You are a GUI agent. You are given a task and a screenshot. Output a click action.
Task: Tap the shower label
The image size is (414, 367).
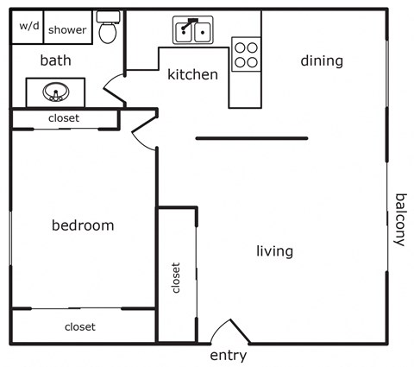coord(67,29)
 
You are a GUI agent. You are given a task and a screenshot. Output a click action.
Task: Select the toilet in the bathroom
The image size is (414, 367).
coord(108,29)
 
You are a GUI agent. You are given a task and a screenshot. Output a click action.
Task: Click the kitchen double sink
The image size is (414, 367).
coord(194,32)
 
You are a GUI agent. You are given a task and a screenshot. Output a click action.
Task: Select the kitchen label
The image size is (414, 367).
coord(192,74)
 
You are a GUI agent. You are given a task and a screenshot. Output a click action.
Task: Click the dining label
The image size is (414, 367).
coord(322,60)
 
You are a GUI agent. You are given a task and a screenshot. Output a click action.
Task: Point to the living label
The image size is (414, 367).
coord(274,251)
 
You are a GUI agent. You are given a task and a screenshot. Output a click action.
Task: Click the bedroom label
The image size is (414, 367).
coord(83,225)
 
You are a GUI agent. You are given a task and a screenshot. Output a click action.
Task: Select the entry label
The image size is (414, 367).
coord(229,355)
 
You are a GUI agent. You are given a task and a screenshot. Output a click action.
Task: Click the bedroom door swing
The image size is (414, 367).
coord(143,136)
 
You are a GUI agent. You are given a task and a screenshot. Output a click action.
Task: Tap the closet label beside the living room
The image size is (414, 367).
coord(177,278)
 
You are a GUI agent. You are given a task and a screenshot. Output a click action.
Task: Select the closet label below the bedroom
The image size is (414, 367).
coord(79,326)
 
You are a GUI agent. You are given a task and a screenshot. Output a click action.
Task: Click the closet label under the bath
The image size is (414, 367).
coord(64,118)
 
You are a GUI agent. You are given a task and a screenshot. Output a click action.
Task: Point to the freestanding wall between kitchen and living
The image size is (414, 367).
coord(251,137)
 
